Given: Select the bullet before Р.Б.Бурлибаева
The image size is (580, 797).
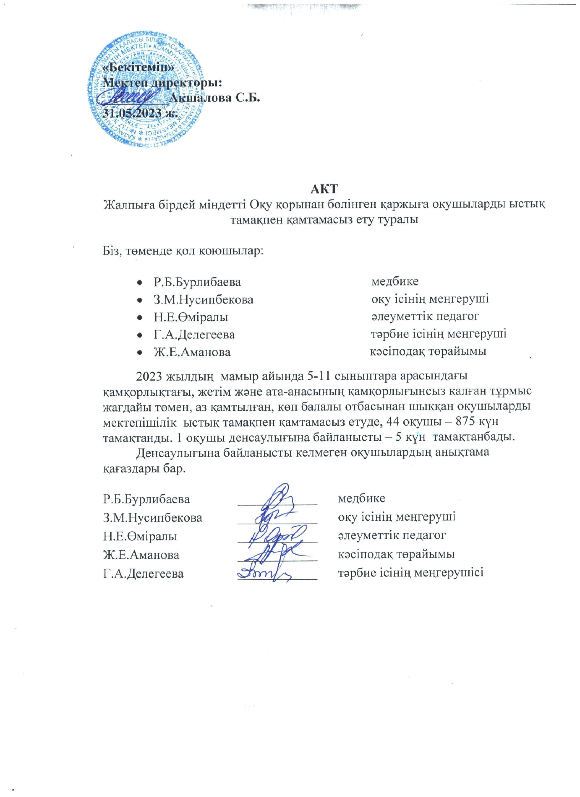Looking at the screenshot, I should (x=140, y=282).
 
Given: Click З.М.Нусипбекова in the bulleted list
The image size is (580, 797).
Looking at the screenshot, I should (x=203, y=300).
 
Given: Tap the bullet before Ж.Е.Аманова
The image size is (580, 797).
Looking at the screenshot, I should (x=140, y=352).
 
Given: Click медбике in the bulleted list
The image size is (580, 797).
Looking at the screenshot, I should (x=395, y=282).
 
